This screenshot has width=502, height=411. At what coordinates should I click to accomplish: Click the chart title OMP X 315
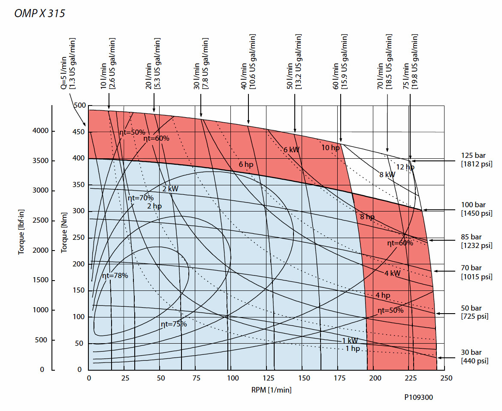(39, 13)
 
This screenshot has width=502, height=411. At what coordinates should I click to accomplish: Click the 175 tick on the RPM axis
(339, 378)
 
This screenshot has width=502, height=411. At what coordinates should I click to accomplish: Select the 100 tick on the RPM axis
(232, 378)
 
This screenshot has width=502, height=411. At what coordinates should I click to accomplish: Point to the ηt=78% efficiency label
(115, 276)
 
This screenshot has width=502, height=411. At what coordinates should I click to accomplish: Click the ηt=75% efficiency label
(174, 324)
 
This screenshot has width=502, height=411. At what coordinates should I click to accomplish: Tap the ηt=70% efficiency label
(140, 198)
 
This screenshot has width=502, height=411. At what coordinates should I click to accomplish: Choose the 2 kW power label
(170, 189)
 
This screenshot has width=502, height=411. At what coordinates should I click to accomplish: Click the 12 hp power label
(405, 167)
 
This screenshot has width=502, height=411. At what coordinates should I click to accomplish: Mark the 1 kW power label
(350, 341)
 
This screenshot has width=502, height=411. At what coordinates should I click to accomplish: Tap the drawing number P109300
(419, 398)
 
